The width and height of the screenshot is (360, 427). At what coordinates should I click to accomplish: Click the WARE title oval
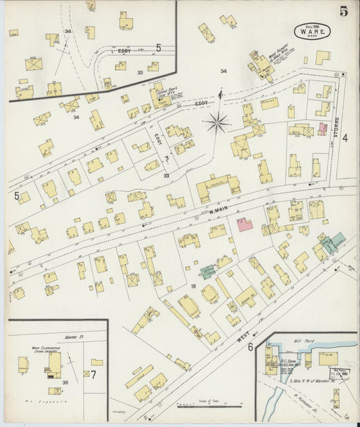[x=308, y=31]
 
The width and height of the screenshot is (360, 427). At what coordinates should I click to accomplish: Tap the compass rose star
[x=218, y=122]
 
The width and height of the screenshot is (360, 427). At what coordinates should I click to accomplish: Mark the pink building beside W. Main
[x=245, y=225]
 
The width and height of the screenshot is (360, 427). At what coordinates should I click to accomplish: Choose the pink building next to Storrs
[x=322, y=128]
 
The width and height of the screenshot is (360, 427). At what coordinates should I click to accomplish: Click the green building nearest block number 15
[x=207, y=272]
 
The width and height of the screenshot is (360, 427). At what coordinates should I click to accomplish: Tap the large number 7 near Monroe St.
[x=93, y=374]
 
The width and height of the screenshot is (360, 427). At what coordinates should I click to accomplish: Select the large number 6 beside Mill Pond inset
[x=250, y=347]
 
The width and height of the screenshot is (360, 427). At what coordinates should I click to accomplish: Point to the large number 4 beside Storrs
[x=344, y=139]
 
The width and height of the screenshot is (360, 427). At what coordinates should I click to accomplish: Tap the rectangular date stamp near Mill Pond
[x=339, y=374]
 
